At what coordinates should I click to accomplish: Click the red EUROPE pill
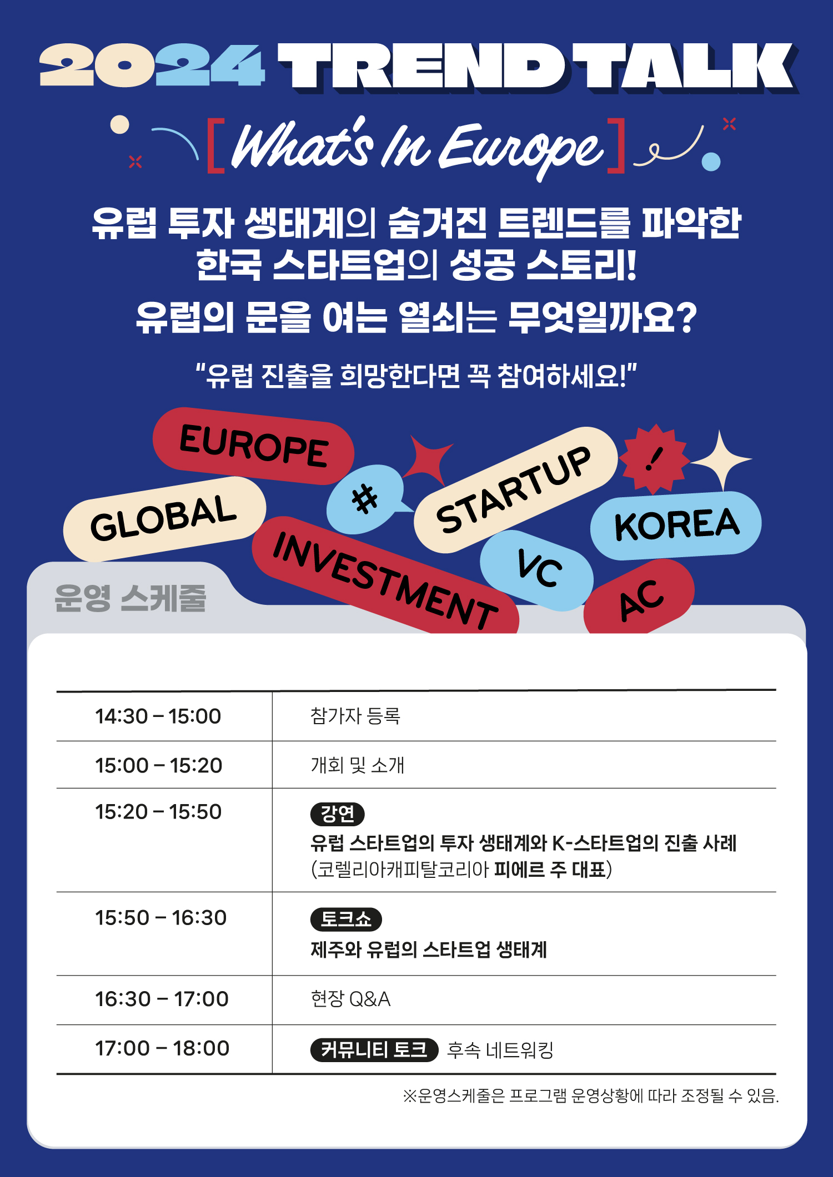[x=253, y=446]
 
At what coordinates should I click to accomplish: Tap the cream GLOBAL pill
[x=164, y=518]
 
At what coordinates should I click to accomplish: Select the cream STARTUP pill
[x=515, y=489]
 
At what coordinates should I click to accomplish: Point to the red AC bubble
[x=639, y=598]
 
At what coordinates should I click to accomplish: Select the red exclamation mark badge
[x=655, y=459]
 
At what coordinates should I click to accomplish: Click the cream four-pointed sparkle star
[x=721, y=460]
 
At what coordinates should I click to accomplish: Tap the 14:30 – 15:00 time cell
[x=158, y=716]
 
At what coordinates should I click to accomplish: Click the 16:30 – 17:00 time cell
[x=162, y=999]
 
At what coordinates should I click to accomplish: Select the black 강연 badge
[x=337, y=814]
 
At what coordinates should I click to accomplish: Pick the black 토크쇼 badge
[x=346, y=919]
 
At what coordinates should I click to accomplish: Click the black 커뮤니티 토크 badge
[x=374, y=1049]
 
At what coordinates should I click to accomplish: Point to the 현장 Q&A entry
[x=350, y=999]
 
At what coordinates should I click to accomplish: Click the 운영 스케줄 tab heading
[x=131, y=598]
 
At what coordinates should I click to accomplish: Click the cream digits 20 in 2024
[x=95, y=65]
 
